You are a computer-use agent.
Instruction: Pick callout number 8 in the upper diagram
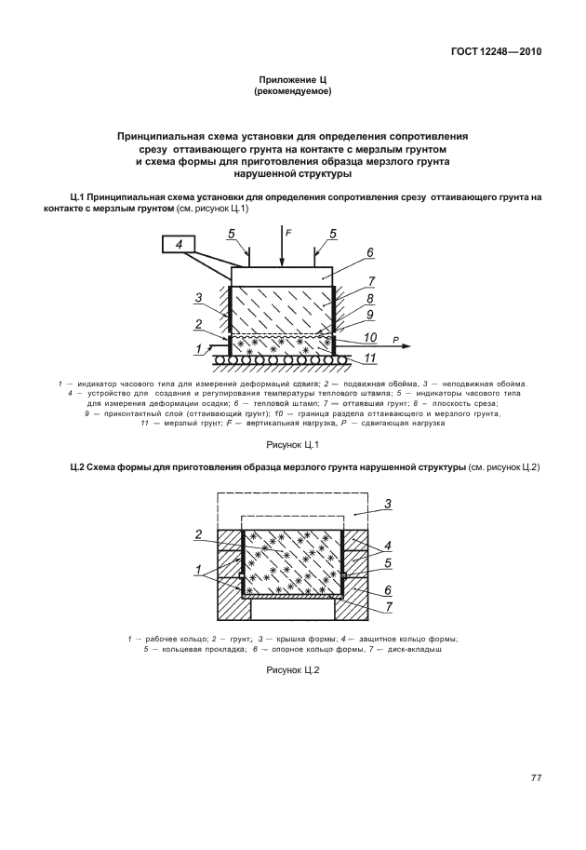(x=370, y=299)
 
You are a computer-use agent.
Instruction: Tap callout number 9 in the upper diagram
(x=370, y=317)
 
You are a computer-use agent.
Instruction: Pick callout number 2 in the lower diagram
(x=198, y=534)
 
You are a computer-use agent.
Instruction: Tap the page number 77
(x=536, y=777)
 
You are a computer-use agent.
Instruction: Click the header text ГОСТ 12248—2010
(x=489, y=52)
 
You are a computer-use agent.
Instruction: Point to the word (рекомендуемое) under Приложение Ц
(x=293, y=93)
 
